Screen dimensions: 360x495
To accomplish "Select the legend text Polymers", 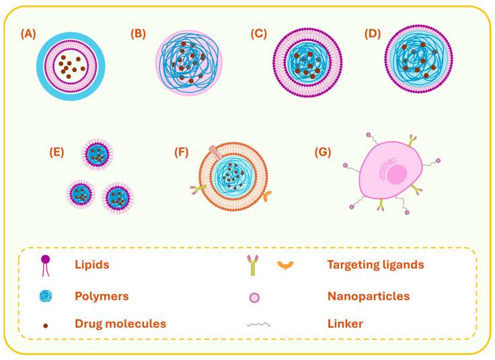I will [101, 295].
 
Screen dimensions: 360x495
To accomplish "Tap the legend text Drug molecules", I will [120, 324].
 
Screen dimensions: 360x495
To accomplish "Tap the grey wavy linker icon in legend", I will [259, 324].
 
